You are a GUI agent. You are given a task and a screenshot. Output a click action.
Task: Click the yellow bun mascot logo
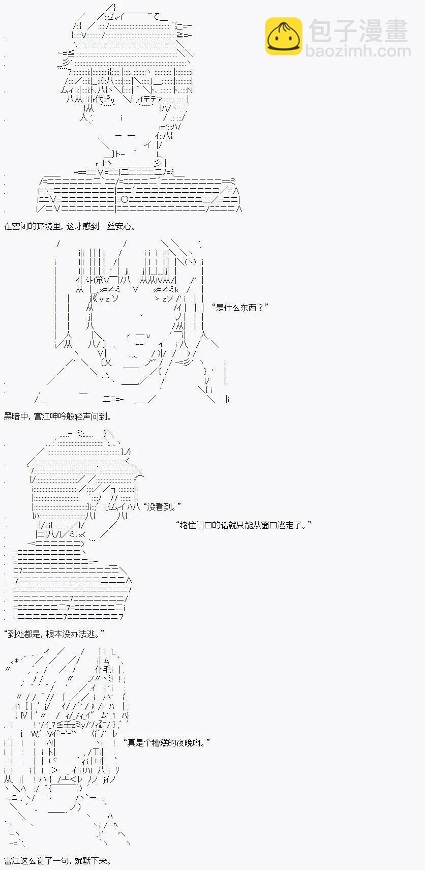284,36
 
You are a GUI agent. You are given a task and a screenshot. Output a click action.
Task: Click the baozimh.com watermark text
358,51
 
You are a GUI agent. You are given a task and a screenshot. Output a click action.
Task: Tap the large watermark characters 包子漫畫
358,31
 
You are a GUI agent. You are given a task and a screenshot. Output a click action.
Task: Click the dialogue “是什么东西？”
239,308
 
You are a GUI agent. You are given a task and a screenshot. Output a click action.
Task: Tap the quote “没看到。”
162,506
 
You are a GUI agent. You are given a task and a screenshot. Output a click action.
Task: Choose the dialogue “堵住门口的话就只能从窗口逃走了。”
244,525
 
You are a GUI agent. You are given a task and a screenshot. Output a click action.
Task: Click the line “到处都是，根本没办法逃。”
54,634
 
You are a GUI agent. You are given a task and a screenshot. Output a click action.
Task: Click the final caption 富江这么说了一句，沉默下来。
57,861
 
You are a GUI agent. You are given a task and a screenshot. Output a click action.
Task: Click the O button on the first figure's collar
125,200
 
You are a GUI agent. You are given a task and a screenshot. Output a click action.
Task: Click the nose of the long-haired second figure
142,315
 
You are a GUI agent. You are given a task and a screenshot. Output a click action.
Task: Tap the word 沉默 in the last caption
83,861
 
